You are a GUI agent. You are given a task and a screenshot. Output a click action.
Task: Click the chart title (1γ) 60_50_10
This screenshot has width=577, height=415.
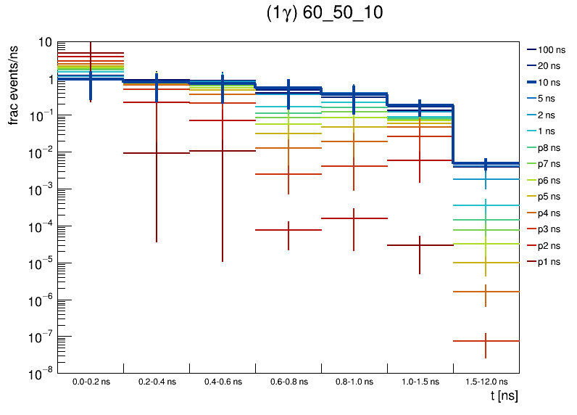click(x=324, y=14)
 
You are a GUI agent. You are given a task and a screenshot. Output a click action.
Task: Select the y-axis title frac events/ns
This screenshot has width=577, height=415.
click(x=13, y=83)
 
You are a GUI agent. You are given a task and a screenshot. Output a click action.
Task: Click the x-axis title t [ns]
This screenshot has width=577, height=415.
click(x=503, y=396)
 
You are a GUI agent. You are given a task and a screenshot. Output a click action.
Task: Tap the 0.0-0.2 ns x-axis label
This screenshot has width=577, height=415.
click(x=91, y=381)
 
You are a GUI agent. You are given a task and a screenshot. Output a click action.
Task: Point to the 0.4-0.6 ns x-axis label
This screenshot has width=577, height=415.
click(x=223, y=381)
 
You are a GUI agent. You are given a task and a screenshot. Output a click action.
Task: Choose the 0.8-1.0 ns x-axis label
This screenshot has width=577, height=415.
click(x=354, y=381)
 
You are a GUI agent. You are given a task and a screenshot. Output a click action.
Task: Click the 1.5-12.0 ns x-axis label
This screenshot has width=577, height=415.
click(x=486, y=381)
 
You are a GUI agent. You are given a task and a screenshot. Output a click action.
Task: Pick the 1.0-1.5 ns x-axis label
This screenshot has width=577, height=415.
click(x=420, y=381)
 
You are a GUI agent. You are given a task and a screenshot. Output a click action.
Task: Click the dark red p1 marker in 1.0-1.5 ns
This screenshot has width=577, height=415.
click(x=420, y=245)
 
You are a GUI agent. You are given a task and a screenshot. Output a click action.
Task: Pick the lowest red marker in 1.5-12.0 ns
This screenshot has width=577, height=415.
click(x=486, y=340)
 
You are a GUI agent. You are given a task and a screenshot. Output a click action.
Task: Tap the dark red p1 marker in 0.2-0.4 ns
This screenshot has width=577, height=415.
click(x=157, y=153)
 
